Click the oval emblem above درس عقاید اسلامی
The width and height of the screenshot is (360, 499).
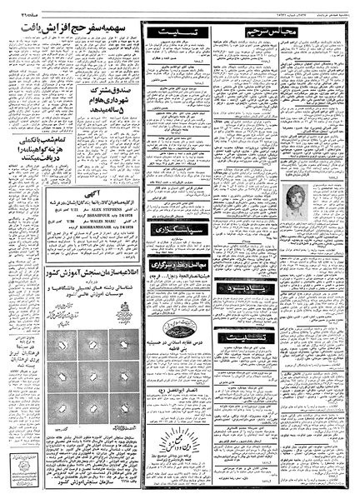point(176,326)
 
